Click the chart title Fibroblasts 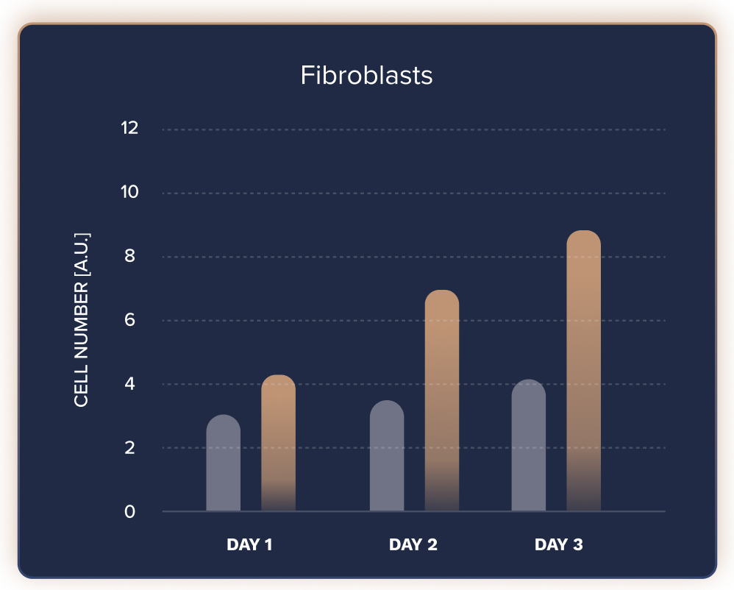click(x=366, y=75)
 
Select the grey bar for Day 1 click(x=224, y=463)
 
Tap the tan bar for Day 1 click(x=278, y=443)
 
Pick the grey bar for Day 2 click(x=387, y=455)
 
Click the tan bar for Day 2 click(x=442, y=400)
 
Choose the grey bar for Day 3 click(x=529, y=445)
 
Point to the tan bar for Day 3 click(x=584, y=371)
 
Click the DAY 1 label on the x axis click(x=249, y=544)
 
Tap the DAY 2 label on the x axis click(x=413, y=544)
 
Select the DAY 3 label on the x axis click(x=559, y=544)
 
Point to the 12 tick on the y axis click(x=129, y=128)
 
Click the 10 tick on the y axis click(x=129, y=192)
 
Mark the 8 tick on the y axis click(x=129, y=256)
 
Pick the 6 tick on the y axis click(x=129, y=320)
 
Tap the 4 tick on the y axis click(x=129, y=383)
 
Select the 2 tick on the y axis click(x=129, y=448)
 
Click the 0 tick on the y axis click(x=129, y=511)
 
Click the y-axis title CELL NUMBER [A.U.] click(x=82, y=320)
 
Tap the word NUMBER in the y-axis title click(x=82, y=320)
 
